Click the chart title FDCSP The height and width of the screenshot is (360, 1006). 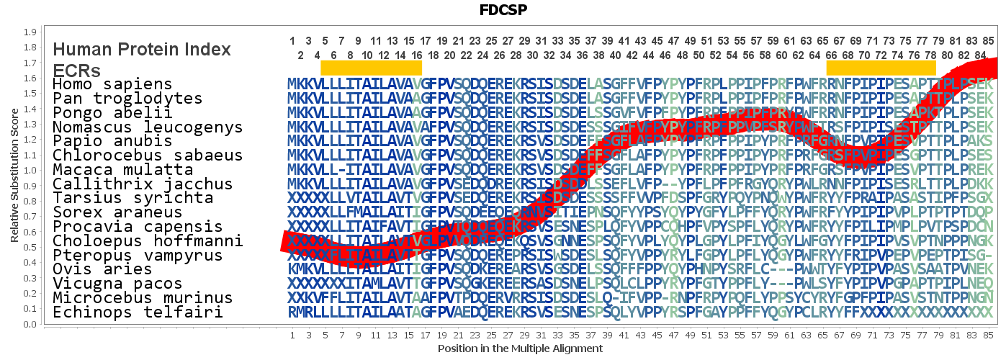[x=503, y=10]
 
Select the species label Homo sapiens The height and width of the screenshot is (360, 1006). [x=112, y=84]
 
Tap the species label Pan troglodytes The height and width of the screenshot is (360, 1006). [x=127, y=99]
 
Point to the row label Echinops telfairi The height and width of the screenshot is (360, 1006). [x=137, y=312]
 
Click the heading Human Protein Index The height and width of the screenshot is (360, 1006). [x=142, y=50]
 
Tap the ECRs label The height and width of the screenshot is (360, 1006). [x=76, y=71]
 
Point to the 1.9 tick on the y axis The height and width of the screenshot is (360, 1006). [x=30, y=32]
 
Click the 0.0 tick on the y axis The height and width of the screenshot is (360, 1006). [x=30, y=324]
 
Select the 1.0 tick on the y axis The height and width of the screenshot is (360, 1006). [x=30, y=171]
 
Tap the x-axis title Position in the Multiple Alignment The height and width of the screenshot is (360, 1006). [x=520, y=348]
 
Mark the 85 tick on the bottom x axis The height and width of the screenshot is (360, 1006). [x=989, y=336]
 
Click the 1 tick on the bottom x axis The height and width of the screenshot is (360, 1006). [x=292, y=336]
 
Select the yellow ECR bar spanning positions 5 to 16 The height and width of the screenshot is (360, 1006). [x=371, y=68]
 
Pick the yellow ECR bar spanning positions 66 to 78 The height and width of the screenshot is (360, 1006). [x=881, y=68]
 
